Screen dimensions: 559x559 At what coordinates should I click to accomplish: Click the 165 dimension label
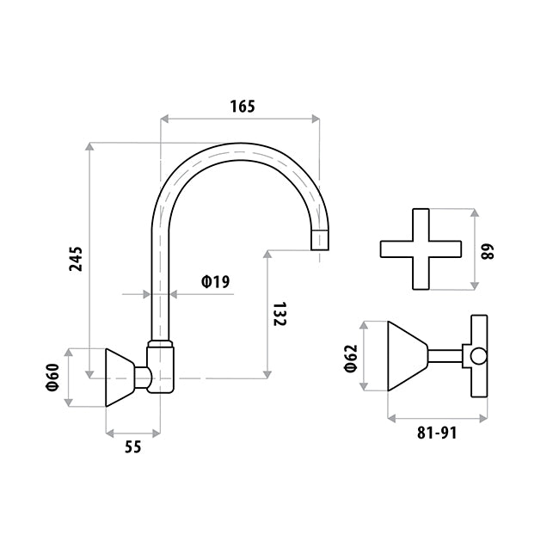coord(243,107)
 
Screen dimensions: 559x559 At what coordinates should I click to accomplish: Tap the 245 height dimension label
coord(76,259)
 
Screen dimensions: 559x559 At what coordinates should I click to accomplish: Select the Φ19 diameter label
coord(216,281)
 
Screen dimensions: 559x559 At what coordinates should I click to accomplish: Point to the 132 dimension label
coord(279,314)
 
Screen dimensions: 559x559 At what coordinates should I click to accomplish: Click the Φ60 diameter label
coord(52,378)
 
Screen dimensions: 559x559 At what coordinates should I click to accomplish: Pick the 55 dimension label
coord(133,446)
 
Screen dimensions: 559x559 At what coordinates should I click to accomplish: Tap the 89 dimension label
coord(488,251)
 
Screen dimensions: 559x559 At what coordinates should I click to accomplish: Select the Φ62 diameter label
coord(351,359)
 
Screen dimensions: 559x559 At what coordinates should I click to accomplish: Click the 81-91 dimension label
coord(437,433)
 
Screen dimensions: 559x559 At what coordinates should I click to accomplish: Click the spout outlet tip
coord(320,249)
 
